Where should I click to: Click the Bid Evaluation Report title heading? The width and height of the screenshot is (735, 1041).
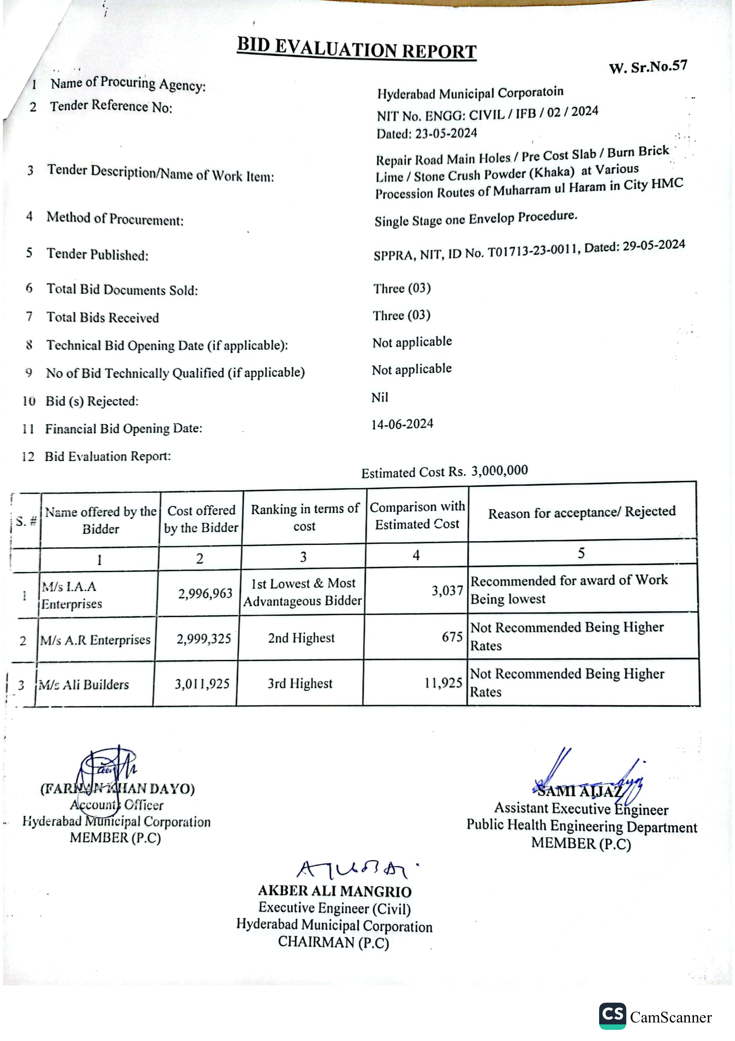point(357,48)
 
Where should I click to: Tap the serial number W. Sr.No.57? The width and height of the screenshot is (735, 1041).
point(648,67)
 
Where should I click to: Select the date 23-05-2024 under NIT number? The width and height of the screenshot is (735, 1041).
point(446,133)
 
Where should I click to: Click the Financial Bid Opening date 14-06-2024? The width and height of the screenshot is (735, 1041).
point(402,424)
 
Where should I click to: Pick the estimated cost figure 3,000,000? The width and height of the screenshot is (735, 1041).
point(499,471)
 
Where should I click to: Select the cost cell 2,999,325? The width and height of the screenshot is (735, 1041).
point(204,639)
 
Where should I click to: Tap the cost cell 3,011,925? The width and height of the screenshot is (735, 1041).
point(202,684)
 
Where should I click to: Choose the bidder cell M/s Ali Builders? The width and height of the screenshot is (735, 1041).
point(84,685)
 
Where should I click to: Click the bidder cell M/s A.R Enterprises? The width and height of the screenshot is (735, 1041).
point(95,640)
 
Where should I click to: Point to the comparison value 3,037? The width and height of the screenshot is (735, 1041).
point(447,590)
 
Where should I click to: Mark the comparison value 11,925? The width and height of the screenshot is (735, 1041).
point(443,683)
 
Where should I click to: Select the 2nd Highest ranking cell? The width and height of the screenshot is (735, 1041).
point(301,638)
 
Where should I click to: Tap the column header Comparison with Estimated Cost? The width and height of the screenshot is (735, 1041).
point(418,516)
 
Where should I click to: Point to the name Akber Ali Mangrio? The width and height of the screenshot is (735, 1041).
point(334,891)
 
